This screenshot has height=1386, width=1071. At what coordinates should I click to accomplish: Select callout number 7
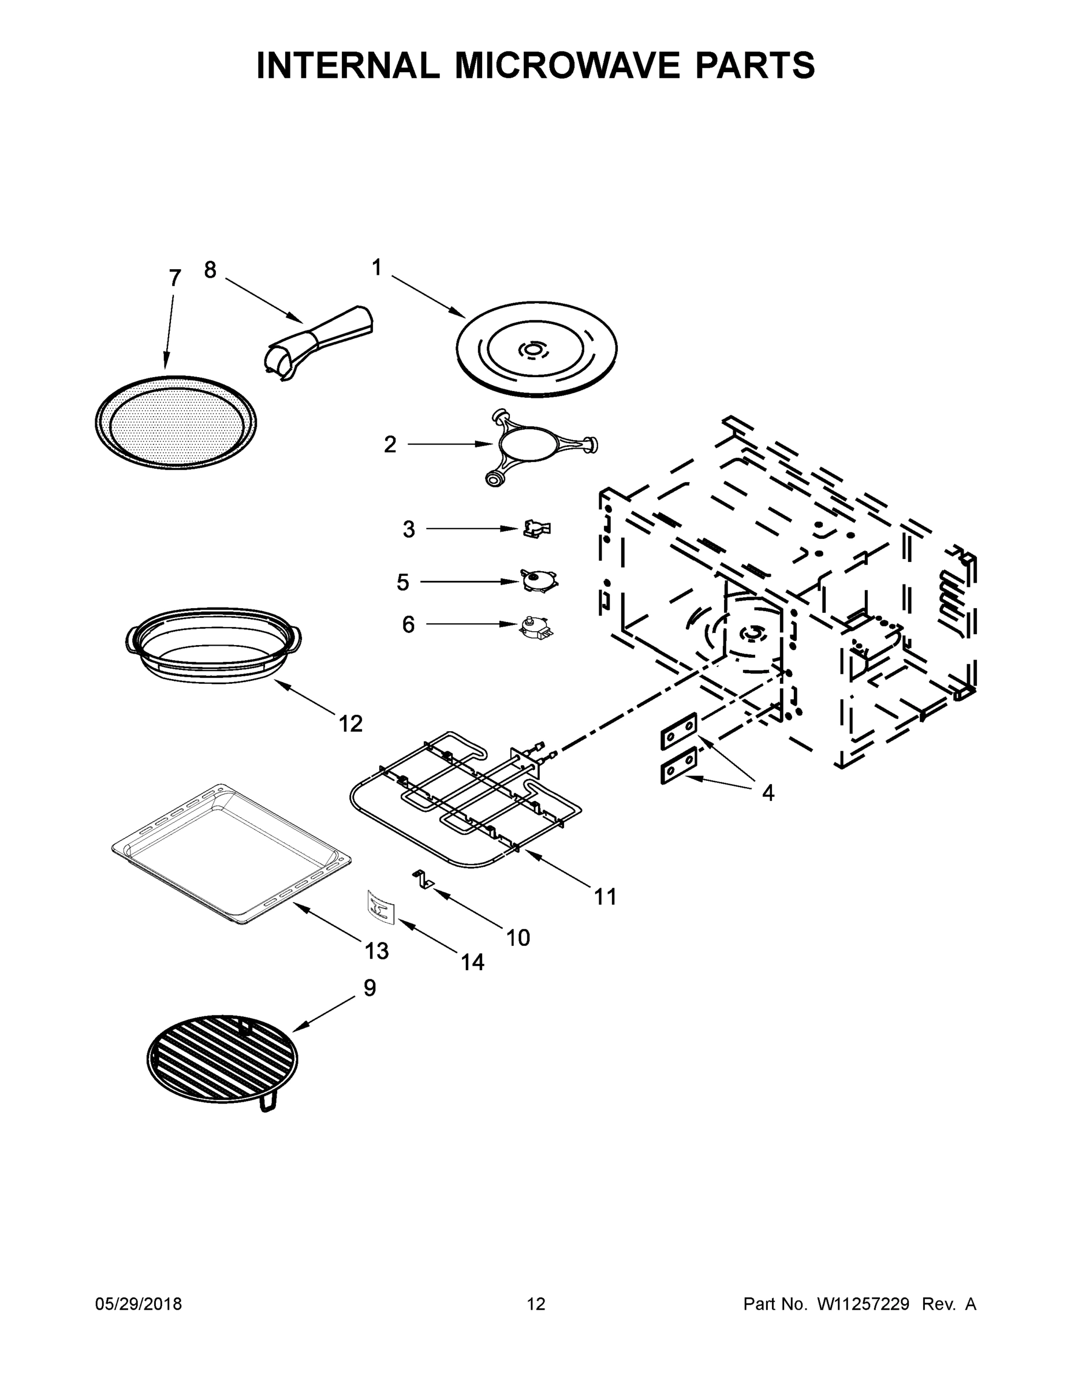tap(175, 277)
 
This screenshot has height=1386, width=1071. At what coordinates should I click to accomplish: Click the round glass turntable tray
tap(537, 349)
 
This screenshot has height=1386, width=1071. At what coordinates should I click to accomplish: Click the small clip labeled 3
tap(537, 528)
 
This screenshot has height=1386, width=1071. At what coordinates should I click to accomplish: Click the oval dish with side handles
tap(213, 646)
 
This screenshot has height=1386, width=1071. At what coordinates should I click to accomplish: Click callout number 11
tap(604, 897)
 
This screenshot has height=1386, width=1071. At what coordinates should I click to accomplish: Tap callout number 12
tap(350, 723)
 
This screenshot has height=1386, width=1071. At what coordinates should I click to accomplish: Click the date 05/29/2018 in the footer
tap(139, 1303)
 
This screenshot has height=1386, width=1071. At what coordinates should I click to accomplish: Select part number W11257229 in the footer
tap(863, 1303)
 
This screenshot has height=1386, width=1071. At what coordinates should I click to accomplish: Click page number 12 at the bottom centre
tap(536, 1303)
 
